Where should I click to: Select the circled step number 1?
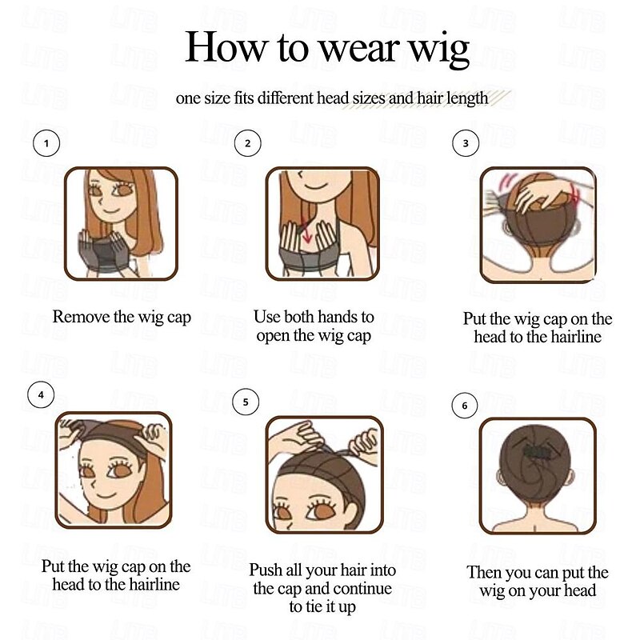coord(47,144)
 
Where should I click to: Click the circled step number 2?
coord(248,144)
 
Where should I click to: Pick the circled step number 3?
coord(466,144)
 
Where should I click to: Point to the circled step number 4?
coord(41,394)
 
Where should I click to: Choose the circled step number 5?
coord(246,402)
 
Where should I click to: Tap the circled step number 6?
coord(464,406)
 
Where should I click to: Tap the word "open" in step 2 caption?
coord(275,336)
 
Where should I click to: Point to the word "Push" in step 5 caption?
coord(266,570)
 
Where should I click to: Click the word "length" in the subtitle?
coord(463,99)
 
